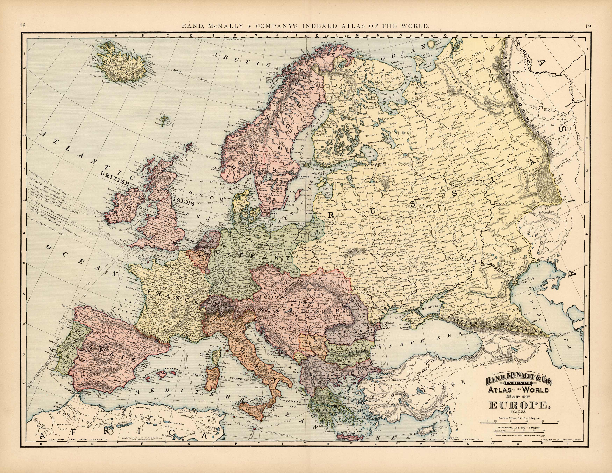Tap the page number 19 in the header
(588, 26)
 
